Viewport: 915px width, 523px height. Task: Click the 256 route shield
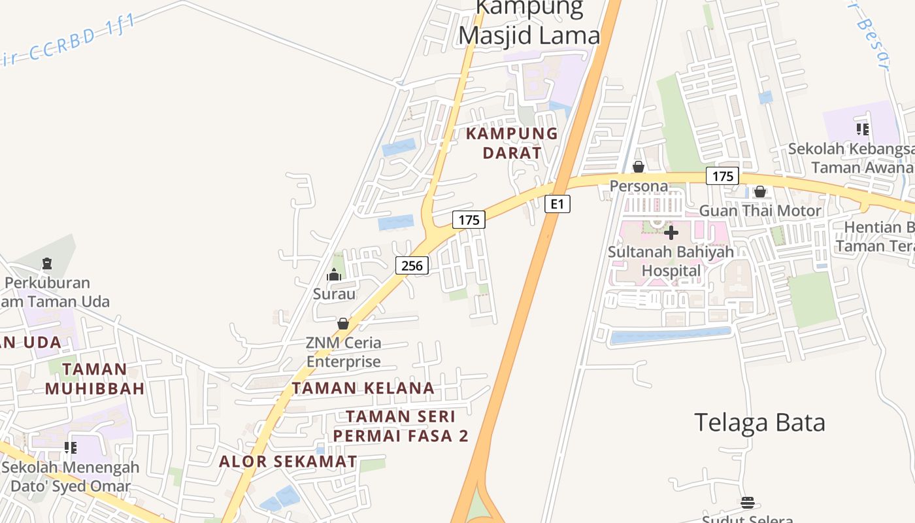click(x=412, y=265)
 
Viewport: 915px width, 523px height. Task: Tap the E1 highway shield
click(x=557, y=204)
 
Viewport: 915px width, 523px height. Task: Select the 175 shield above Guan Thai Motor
click(x=722, y=176)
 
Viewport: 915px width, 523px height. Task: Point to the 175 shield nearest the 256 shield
click(x=469, y=220)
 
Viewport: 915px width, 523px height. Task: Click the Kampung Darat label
click(x=512, y=143)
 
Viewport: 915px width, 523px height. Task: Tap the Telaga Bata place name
click(x=759, y=422)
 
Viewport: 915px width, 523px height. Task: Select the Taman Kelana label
click(x=363, y=388)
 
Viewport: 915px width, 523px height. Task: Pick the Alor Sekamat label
click(x=288, y=462)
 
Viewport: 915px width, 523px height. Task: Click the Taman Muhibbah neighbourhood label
click(x=95, y=379)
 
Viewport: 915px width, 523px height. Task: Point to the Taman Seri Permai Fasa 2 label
click(x=401, y=426)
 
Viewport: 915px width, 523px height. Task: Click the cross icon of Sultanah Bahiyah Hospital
click(x=671, y=233)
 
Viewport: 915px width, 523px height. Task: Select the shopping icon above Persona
click(x=639, y=167)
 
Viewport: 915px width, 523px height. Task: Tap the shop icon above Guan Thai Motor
click(x=759, y=192)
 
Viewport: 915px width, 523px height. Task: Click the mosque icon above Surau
click(x=334, y=275)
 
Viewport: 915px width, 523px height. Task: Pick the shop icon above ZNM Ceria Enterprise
click(x=343, y=324)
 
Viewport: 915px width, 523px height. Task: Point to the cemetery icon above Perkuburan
click(x=46, y=264)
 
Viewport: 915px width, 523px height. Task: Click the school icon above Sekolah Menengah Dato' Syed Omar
click(x=70, y=448)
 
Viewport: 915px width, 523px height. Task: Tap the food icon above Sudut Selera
click(x=748, y=503)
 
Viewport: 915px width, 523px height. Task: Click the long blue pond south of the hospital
click(x=670, y=336)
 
